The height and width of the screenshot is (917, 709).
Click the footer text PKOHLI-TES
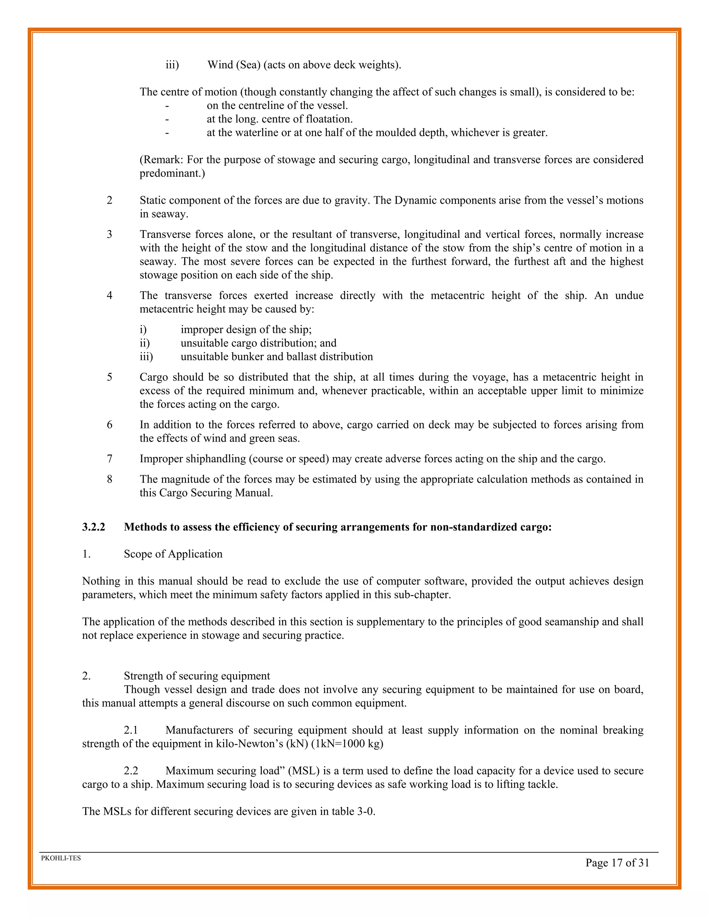61,858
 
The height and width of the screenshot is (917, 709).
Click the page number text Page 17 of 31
617,863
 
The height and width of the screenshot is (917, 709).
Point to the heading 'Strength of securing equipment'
197,675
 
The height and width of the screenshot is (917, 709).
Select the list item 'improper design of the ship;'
246,329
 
